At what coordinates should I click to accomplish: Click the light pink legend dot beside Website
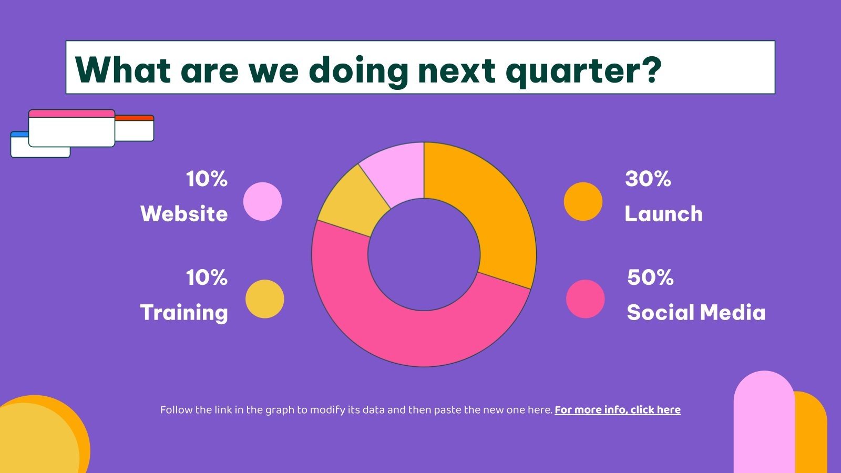pos(262,202)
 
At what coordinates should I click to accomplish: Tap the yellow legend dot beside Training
pos(265,299)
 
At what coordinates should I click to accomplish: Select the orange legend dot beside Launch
pos(583,202)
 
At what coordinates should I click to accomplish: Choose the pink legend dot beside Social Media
pos(586,299)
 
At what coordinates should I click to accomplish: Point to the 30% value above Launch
pos(648,179)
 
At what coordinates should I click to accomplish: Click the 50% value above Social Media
pos(650,277)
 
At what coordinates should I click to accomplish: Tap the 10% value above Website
pos(207,179)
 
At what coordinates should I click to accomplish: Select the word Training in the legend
pos(184,313)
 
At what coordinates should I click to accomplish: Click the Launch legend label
pos(663,213)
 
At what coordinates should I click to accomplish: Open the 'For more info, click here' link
pos(618,409)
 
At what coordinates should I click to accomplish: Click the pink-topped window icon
pos(71,128)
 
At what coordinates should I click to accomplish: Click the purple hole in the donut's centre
pos(424,254)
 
